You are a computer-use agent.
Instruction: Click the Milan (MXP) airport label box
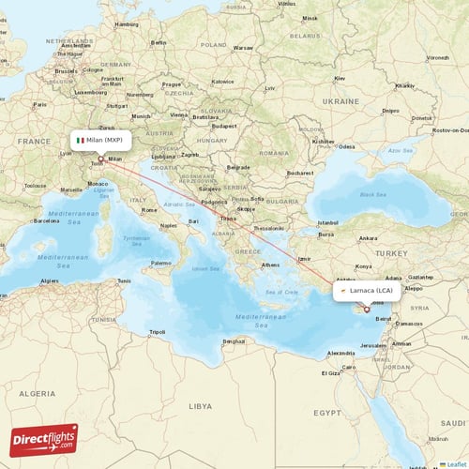(x=100, y=140)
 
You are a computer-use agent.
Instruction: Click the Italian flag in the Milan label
(x=82, y=140)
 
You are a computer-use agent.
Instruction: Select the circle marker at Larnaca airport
(x=367, y=309)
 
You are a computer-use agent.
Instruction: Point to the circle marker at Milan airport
(x=100, y=159)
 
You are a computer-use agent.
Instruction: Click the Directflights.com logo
(x=44, y=438)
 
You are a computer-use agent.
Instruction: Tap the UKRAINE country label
(x=341, y=100)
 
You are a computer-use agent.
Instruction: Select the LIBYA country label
(x=200, y=407)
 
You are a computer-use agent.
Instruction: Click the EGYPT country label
(x=327, y=412)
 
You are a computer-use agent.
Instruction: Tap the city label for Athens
(x=270, y=265)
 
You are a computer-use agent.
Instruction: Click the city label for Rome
(x=149, y=210)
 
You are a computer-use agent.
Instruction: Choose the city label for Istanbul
(x=327, y=222)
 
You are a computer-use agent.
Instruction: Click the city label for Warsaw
(x=243, y=47)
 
